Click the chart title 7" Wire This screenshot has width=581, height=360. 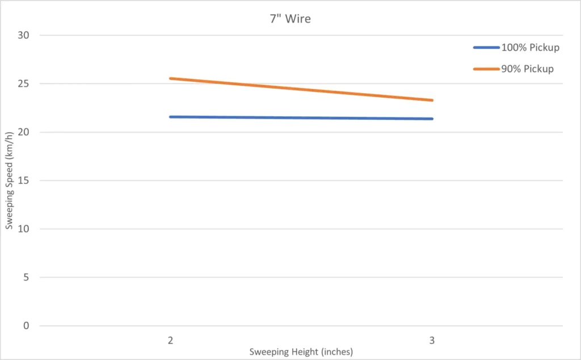tap(290, 19)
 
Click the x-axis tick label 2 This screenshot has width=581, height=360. tap(170, 340)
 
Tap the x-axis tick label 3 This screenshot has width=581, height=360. tap(432, 340)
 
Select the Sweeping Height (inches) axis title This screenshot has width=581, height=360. tap(301, 352)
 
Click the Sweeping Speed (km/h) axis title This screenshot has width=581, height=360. tap(9, 181)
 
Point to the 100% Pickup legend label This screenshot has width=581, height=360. tap(530, 48)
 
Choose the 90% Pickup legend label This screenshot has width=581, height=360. tap(527, 69)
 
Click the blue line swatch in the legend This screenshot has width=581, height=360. tap(486, 48)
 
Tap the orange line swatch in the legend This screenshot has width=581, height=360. tap(486, 69)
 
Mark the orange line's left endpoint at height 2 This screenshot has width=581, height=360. tap(170, 78)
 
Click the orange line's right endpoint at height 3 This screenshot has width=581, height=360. tap(432, 100)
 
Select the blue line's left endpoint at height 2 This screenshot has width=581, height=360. tap(170, 117)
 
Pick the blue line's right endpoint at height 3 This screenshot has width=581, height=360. tap(432, 119)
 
